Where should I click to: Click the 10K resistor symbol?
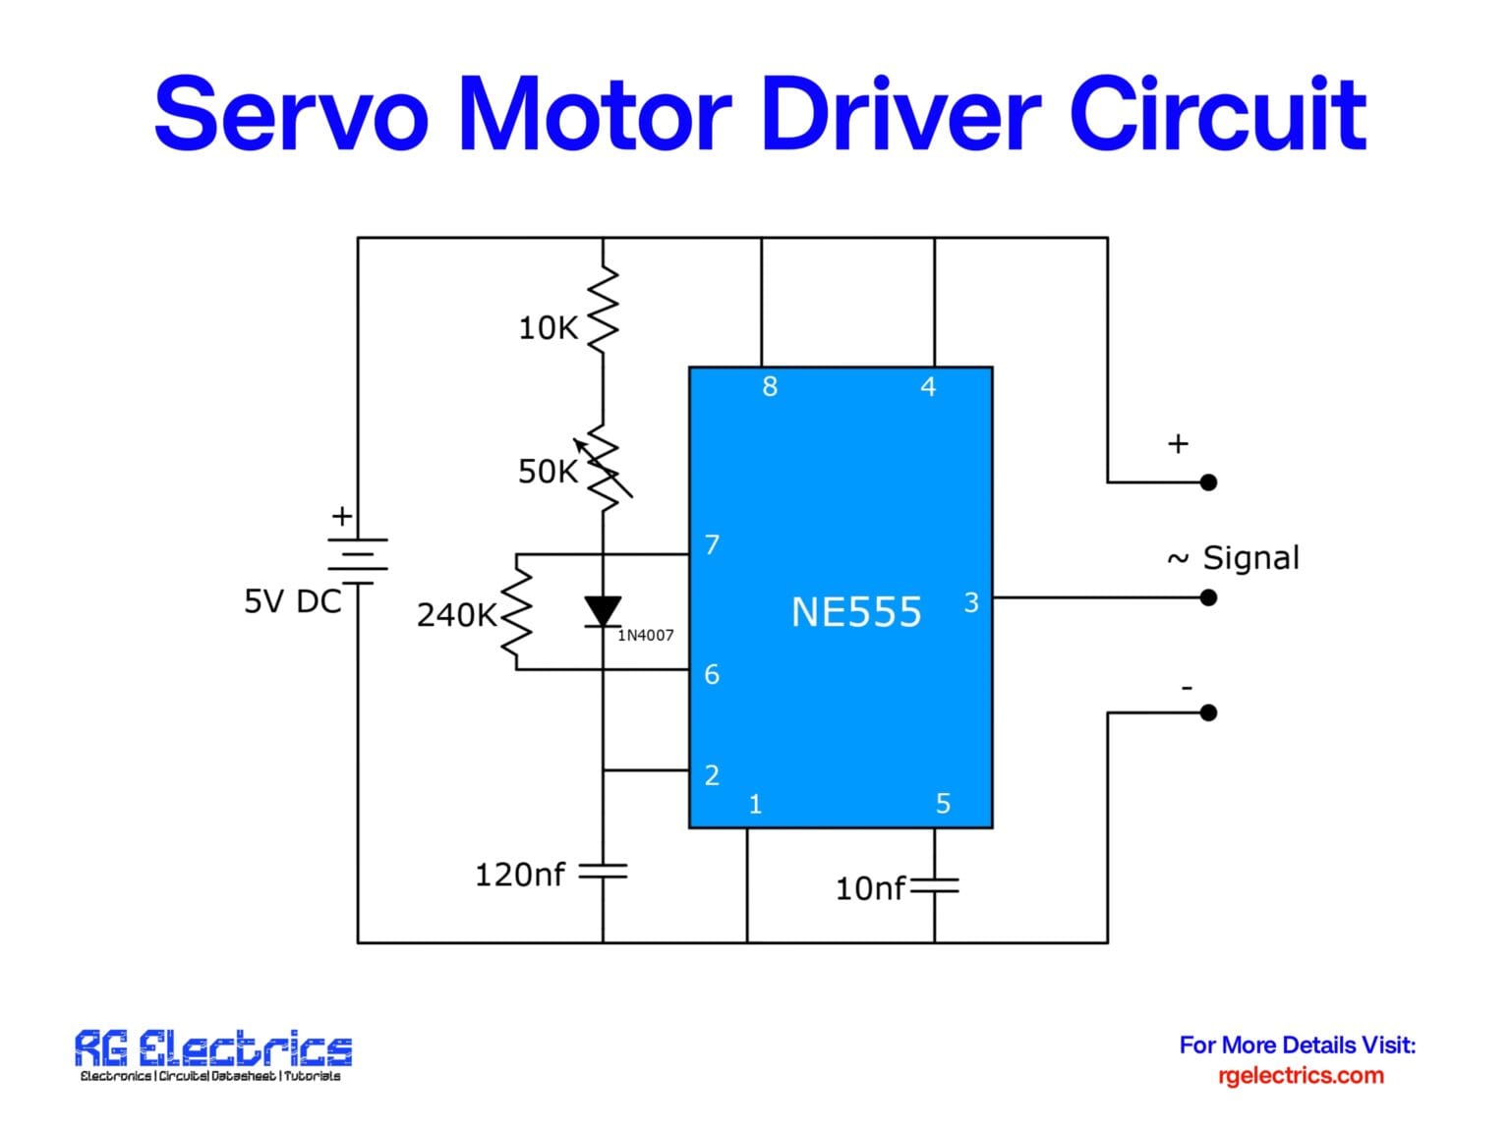coord(603,310)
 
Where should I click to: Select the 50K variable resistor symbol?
coord(603,470)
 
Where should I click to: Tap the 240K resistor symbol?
coord(516,612)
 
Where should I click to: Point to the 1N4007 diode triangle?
coord(603,611)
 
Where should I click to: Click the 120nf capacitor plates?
coord(603,872)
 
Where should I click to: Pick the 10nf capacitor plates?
coord(934,886)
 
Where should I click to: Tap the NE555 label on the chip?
coord(856,612)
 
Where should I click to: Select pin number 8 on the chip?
coord(770,387)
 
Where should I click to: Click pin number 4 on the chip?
coord(928,387)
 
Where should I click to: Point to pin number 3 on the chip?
coord(971,602)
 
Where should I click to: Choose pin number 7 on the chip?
coord(713,544)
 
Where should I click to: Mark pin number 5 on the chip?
coord(943,804)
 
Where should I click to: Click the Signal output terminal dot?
coord(1209,597)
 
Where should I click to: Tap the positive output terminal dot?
coord(1209,482)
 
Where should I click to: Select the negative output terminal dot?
coord(1209,712)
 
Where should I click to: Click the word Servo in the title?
coord(291,114)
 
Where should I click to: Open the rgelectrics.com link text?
coord(1300,1075)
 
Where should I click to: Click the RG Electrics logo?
coord(212,1053)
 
